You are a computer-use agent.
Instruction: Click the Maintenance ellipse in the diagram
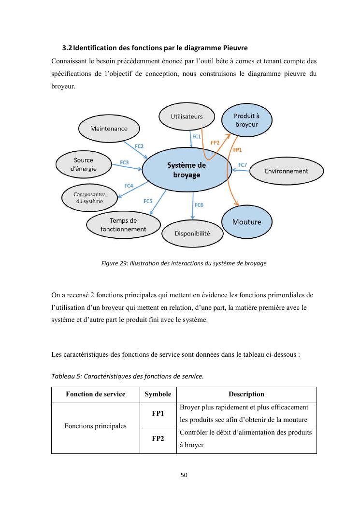pos(109,129)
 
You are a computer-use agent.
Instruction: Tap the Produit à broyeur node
pos(246,120)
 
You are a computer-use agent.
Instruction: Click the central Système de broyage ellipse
pos(186,170)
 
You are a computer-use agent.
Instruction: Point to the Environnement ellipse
pos(286,171)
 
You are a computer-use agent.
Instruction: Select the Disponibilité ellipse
pos(192,233)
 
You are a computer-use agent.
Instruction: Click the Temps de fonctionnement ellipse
pos(123,225)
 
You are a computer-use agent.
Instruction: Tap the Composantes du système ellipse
pos(89,198)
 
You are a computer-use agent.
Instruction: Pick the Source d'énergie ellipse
pos(83,164)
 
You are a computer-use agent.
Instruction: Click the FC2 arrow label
pos(139,146)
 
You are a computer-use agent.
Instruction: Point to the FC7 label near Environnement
pos(243,165)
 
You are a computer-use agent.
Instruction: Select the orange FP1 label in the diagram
pos(237,150)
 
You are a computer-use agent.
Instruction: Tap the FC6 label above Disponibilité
pos(199,205)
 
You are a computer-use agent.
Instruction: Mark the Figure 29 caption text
pos(184,263)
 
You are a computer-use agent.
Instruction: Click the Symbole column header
pos(158,394)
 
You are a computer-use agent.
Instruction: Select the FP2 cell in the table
pos(158,439)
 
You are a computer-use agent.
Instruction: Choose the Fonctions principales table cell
pos(95,426)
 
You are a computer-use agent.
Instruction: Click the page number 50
pos(184,475)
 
